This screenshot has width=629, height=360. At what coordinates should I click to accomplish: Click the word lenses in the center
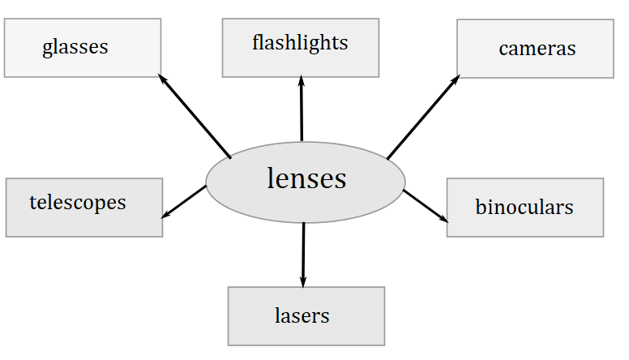(x=306, y=178)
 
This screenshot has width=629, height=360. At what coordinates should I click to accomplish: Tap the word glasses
(x=75, y=46)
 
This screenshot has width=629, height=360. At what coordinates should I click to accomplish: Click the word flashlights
(x=300, y=42)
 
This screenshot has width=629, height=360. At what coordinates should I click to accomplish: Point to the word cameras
(x=537, y=48)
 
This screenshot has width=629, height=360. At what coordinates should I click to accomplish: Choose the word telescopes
(x=78, y=202)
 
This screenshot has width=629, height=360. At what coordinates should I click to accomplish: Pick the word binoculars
(x=524, y=207)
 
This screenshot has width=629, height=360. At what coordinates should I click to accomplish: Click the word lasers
(x=302, y=315)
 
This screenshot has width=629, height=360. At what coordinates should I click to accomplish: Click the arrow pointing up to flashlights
(x=302, y=109)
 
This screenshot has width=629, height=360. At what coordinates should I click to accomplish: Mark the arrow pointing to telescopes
(x=184, y=202)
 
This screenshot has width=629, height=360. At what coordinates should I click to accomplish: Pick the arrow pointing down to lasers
(x=303, y=253)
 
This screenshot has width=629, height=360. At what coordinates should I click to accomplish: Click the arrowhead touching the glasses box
(x=161, y=78)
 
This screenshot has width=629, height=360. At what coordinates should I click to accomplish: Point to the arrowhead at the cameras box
(x=456, y=79)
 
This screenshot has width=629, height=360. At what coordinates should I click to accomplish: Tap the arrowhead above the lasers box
(x=303, y=282)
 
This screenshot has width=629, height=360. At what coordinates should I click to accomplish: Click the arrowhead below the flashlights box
(x=302, y=80)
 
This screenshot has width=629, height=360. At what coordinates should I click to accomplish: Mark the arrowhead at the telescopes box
(x=165, y=216)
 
